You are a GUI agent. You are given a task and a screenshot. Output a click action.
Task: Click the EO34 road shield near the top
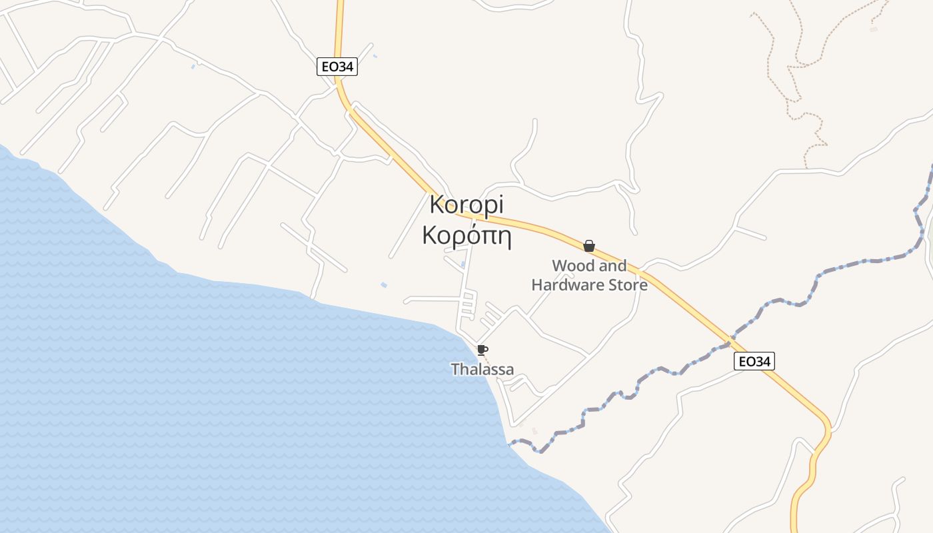click(337, 67)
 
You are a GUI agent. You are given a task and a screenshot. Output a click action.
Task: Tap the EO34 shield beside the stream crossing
click(754, 362)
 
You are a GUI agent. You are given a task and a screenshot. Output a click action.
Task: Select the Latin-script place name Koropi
click(467, 205)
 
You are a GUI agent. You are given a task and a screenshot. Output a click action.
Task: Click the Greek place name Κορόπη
click(467, 236)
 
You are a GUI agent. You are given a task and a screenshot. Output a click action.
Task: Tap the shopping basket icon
click(589, 246)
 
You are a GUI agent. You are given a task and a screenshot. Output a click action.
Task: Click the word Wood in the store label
click(572, 266)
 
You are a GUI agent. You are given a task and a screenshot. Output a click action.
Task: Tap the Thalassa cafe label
click(482, 369)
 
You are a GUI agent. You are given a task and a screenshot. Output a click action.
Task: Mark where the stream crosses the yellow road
click(729, 342)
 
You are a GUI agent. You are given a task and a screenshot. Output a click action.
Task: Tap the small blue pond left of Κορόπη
click(384, 285)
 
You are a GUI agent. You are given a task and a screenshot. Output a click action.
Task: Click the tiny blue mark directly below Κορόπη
click(463, 265)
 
